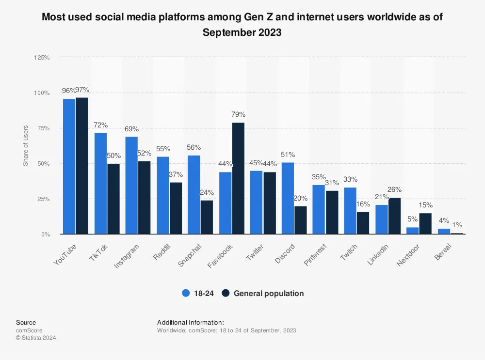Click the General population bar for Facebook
pos(238,178)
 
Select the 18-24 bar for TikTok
pos(100,183)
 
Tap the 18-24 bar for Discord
pos(288,198)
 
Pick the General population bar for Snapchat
pos(207,217)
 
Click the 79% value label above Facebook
pos(238,115)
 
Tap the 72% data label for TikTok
pos(100,125)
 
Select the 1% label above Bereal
pos(457,225)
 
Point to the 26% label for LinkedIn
pos(394,189)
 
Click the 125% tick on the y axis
pos(42,58)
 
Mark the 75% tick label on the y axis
pos(43,128)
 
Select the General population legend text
pos(269,293)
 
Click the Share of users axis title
pos(26,145)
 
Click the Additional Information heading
pos(190,322)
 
